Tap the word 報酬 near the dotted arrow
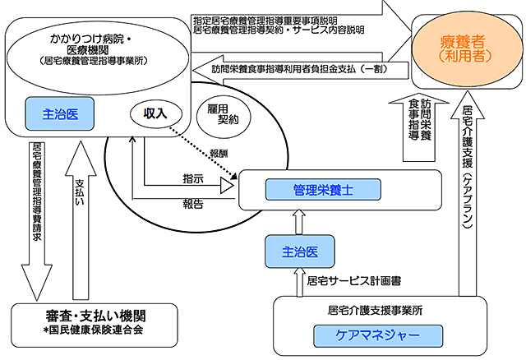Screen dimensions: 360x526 [x=219, y=153]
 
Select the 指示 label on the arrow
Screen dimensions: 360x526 [x=194, y=178]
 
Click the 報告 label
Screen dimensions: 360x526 [x=194, y=205]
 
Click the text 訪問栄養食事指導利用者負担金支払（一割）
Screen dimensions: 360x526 [x=312, y=69]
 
